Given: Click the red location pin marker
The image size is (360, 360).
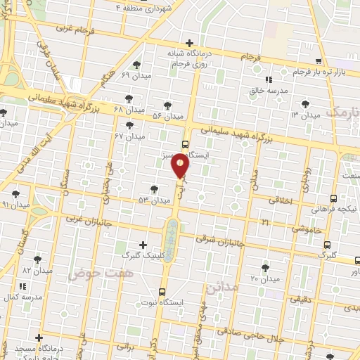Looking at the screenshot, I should pyautogui.click(x=181, y=166).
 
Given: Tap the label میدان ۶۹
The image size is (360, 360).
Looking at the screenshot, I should pyautogui.click(x=136, y=75).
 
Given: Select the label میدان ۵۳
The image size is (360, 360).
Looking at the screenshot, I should pyautogui.click(x=155, y=200).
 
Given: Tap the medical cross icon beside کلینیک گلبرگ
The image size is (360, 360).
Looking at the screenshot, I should pyautogui.click(x=144, y=245).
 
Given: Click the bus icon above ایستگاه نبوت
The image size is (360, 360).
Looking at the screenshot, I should pyautogui.click(x=162, y=291).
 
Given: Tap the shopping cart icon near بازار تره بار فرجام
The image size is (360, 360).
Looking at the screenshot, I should pyautogui.click(x=319, y=61).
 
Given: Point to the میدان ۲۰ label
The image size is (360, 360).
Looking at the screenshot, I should pyautogui.click(x=265, y=279).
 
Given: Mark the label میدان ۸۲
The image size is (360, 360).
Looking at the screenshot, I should pyautogui.click(x=37, y=270).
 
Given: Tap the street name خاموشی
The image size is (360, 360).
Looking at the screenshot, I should pyautogui.click(x=307, y=229).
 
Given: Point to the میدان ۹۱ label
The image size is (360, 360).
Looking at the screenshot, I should pyautogui.click(x=15, y=205).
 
